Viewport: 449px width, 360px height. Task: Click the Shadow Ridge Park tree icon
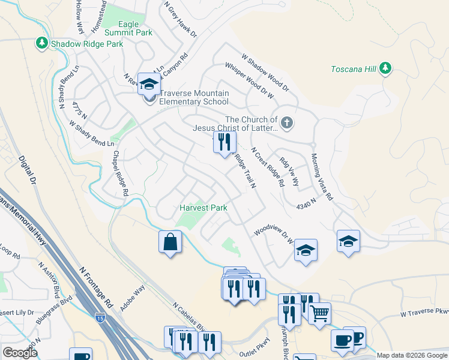pos(42,44)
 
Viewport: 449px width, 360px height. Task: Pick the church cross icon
pos(287,124)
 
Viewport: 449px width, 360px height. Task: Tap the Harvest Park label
pos(203,208)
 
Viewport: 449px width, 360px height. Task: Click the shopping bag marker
pos(170,242)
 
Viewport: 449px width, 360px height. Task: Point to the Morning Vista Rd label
pos(322,177)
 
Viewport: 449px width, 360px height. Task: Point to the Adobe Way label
pos(133,298)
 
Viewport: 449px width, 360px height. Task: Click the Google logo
pos(19,353)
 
